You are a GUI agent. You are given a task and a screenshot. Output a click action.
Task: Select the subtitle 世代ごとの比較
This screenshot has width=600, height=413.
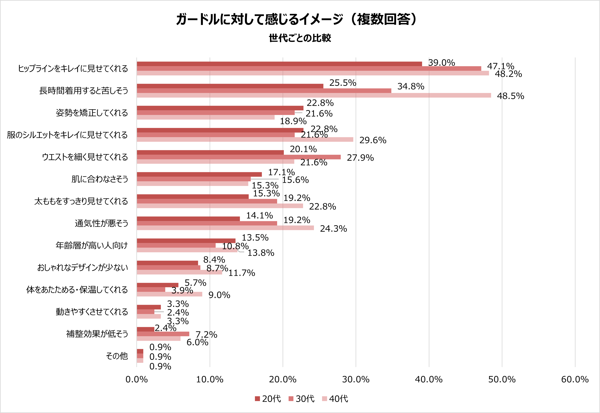coord(300,38)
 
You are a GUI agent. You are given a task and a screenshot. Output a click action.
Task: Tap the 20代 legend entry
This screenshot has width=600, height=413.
coord(268,399)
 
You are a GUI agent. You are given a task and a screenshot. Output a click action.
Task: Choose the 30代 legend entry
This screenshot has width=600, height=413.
coord(302,399)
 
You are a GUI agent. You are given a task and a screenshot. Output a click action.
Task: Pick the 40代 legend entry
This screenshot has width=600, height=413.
coord(335,399)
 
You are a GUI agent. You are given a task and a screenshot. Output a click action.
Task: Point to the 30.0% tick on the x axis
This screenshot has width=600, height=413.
coord(356,379)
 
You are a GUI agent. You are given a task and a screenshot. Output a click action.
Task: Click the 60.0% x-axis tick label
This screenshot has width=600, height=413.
coord(575,379)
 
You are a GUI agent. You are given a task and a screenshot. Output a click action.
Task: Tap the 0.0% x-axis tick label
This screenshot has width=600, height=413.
coord(137,379)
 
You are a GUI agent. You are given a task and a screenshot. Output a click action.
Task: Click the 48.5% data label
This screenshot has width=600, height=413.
coord(510,96)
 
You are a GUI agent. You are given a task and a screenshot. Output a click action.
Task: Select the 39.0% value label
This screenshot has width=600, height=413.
coord(441,63)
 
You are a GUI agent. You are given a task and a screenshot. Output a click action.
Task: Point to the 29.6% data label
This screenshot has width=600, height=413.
coord(373,140)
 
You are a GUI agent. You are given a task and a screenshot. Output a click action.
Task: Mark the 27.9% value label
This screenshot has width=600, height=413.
coord(360,158)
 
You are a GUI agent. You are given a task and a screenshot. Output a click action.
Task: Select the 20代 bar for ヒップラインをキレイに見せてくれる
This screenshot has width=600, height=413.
coord(279,64)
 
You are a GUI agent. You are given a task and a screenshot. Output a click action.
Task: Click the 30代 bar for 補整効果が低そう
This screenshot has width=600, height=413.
coord(163,334)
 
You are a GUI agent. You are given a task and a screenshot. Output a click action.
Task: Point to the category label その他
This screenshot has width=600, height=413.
coord(117,356)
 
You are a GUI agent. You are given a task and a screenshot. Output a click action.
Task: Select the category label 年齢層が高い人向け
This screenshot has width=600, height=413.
coord(92,245)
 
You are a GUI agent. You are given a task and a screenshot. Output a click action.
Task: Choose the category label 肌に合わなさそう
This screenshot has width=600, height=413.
coord(100,179)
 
